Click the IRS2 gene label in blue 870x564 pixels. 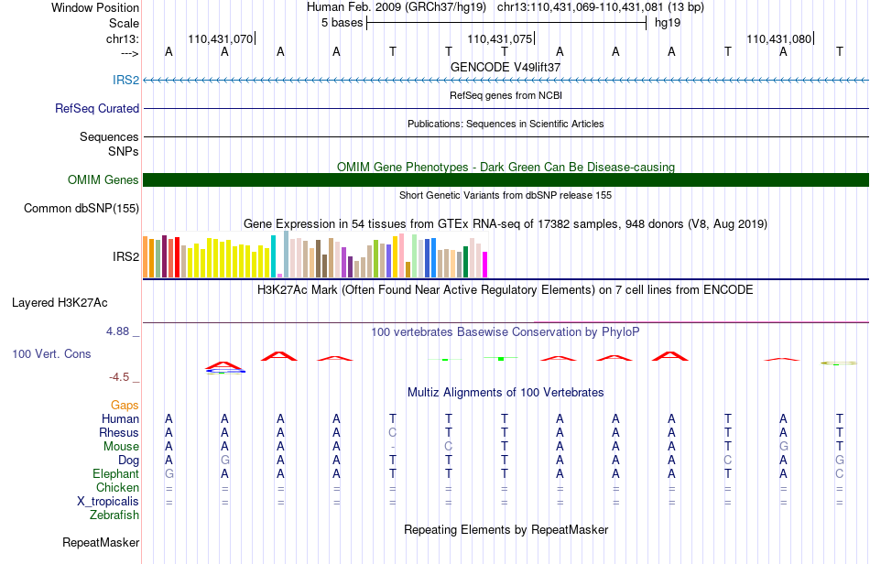click(126, 80)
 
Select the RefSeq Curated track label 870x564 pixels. click(97, 108)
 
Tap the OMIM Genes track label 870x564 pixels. click(103, 179)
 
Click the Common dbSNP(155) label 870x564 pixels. click(82, 209)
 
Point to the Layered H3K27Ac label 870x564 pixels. click(60, 303)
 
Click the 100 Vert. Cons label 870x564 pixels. click(51, 353)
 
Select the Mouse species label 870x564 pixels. click(121, 447)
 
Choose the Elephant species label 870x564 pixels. click(116, 473)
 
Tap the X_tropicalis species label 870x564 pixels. click(108, 502)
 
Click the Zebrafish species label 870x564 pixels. click(114, 515)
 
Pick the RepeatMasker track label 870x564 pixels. click(101, 542)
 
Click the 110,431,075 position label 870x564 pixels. click(500, 38)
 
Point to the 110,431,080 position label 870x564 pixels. click(779, 38)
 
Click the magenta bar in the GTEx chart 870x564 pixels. click(485, 265)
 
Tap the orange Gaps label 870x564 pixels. click(125, 406)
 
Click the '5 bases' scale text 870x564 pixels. click(342, 23)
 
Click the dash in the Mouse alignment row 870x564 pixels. click(393, 447)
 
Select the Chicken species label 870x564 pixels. click(117, 487)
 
